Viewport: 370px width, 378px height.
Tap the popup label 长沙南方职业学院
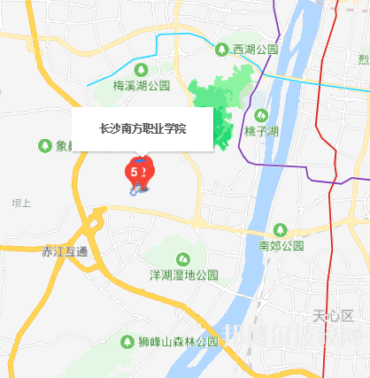tap(142, 128)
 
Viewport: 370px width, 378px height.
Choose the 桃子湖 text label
tap(261, 131)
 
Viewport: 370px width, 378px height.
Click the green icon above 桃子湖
tap(261, 115)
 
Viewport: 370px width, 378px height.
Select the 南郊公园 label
tap(281, 244)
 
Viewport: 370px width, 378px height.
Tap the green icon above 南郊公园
tap(281, 229)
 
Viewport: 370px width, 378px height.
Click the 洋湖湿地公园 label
tap(183, 274)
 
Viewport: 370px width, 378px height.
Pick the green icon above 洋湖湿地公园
tap(183, 258)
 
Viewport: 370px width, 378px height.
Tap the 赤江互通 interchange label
tap(65, 251)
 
